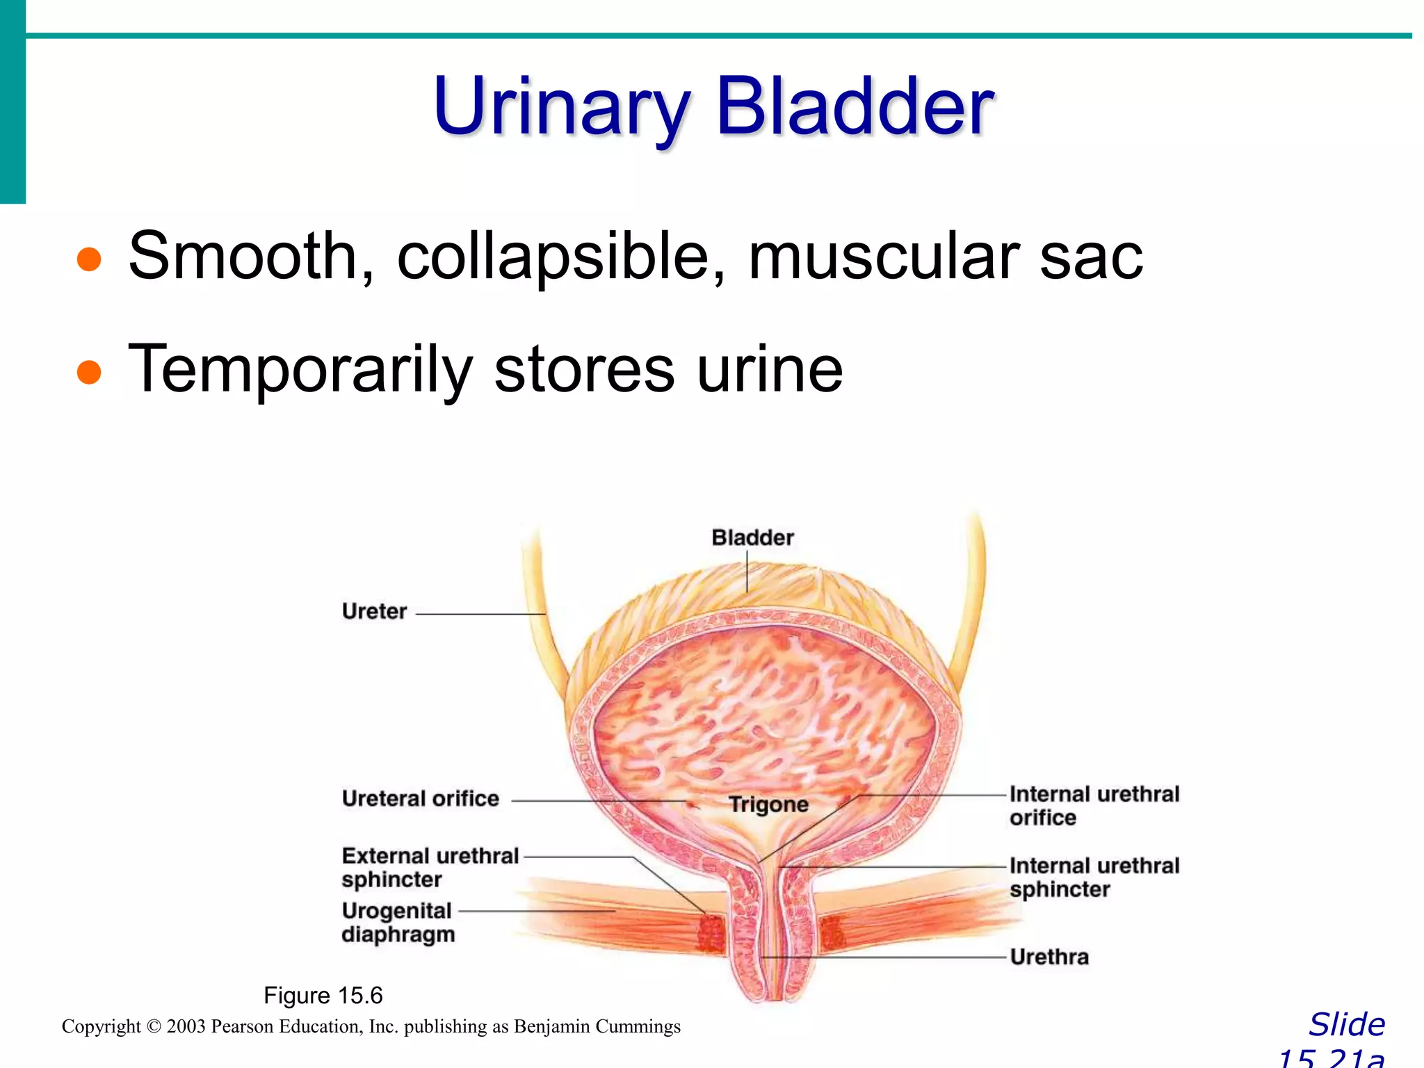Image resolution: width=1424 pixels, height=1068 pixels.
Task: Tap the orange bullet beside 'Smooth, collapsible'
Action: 89,259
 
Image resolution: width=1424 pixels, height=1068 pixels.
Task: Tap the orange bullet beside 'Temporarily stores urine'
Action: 89,371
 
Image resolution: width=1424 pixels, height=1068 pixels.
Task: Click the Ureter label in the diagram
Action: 374,612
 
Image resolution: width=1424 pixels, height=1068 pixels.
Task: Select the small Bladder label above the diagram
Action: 752,537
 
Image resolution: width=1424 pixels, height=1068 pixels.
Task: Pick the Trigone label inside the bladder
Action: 768,804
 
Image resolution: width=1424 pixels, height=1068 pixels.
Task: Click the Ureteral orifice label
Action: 420,799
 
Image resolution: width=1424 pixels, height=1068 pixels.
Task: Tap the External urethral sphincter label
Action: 430,867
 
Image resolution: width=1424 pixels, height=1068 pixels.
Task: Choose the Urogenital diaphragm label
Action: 398,922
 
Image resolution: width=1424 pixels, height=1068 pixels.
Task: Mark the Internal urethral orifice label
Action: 1094,806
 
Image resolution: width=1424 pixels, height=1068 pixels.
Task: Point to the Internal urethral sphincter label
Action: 1094,877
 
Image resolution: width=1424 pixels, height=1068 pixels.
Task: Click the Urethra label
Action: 1049,957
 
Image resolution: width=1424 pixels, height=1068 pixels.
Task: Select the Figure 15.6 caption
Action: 323,996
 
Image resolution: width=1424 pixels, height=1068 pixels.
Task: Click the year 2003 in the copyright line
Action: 186,1027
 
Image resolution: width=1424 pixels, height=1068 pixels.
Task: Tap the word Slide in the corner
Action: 1347,1025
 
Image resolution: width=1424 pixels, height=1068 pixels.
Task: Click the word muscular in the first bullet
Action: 884,257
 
